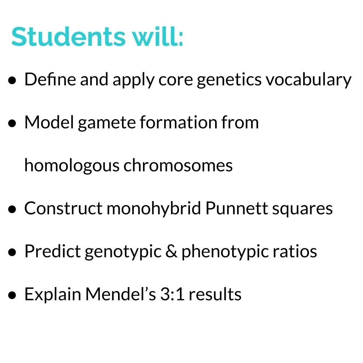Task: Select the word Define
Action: [50, 79]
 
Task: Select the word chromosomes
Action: [178, 166]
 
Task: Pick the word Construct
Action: [64, 208]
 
